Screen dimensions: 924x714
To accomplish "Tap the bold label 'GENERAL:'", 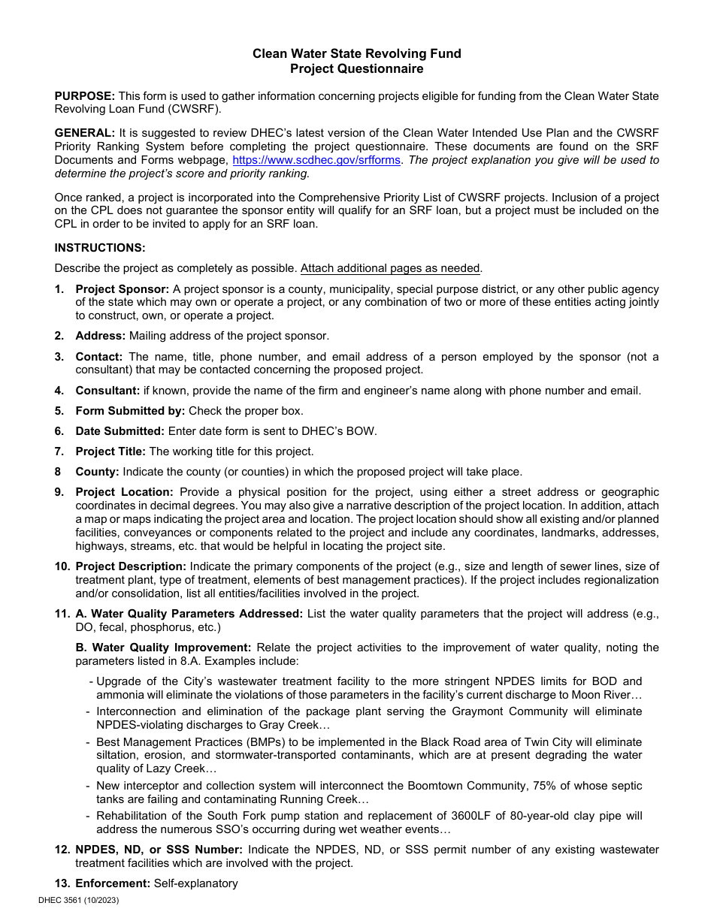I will click(x=84, y=133).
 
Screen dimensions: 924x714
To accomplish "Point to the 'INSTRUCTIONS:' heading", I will click(x=100, y=248).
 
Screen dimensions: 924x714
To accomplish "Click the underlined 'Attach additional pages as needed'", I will click(x=390, y=268).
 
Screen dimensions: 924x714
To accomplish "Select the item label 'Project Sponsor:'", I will click(x=122, y=289).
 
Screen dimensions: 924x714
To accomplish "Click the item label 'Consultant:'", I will click(x=107, y=391).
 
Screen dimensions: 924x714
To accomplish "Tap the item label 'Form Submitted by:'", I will click(x=130, y=411).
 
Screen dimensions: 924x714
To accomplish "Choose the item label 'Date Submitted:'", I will click(x=120, y=431).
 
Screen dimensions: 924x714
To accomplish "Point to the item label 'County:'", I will click(x=97, y=472).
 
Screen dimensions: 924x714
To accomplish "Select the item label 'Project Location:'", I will click(x=124, y=492).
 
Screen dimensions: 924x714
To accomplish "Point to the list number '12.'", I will click(x=62, y=850).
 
